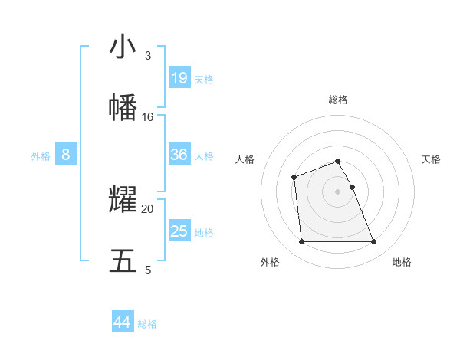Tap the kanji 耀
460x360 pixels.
point(123,200)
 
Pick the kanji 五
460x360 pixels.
point(123,260)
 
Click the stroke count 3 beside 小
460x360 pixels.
point(148,56)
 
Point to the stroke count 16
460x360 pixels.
point(148,117)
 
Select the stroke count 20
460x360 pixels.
point(148,208)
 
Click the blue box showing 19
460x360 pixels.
point(179,78)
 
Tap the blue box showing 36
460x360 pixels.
point(179,155)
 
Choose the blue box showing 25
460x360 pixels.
point(179,231)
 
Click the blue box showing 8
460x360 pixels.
point(66,155)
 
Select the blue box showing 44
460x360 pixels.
point(123,322)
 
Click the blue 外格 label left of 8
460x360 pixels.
point(41,156)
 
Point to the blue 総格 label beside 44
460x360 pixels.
point(147,324)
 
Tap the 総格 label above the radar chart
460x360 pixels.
point(337,100)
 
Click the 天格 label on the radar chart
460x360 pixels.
point(431,159)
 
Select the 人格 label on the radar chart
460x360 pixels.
point(245,159)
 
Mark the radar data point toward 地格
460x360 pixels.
point(373,242)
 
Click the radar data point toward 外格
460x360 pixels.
point(301,242)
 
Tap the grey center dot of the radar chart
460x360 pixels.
point(337,191)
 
